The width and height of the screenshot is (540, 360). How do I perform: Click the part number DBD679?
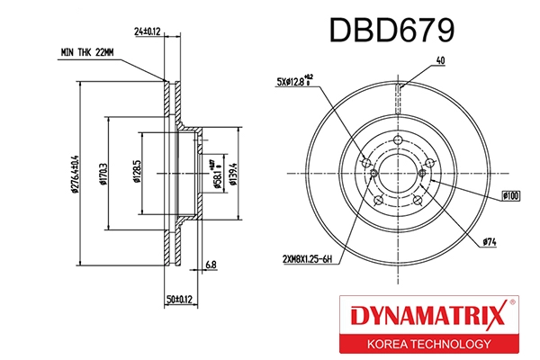[391, 31]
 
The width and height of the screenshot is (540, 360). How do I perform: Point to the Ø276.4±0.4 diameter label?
[75, 172]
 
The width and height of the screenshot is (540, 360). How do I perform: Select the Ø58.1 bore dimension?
[216, 172]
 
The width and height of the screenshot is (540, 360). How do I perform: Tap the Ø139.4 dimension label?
[232, 170]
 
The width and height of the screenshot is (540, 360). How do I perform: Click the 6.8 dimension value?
[210, 265]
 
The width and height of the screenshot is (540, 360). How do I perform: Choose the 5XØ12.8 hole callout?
[295, 82]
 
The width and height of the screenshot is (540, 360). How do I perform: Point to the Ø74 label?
[490, 241]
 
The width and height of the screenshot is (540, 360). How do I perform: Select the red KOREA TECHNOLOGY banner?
[427, 345]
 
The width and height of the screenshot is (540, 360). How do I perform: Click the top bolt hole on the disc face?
[397, 139]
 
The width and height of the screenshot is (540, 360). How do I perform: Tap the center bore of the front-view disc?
[396, 171]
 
